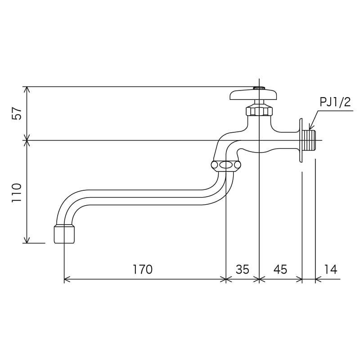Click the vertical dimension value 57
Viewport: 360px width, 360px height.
tap(17, 113)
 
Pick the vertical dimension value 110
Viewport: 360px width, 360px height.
tap(17, 193)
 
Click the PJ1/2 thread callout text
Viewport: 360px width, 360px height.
tap(335, 102)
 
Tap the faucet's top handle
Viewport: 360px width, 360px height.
tap(253, 95)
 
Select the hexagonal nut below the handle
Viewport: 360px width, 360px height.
tap(259, 110)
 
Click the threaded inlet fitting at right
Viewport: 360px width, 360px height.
tap(311, 140)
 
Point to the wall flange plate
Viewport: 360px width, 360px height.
tap(300, 140)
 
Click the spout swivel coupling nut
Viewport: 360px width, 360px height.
tap(225, 166)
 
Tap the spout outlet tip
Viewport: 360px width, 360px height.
tap(64, 234)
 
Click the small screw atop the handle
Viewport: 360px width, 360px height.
tap(259, 88)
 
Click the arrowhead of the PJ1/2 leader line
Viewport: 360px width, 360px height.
tap(308, 129)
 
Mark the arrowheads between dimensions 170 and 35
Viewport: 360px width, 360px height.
tap(225, 279)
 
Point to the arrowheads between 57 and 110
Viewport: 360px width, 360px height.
tap(27, 140)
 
